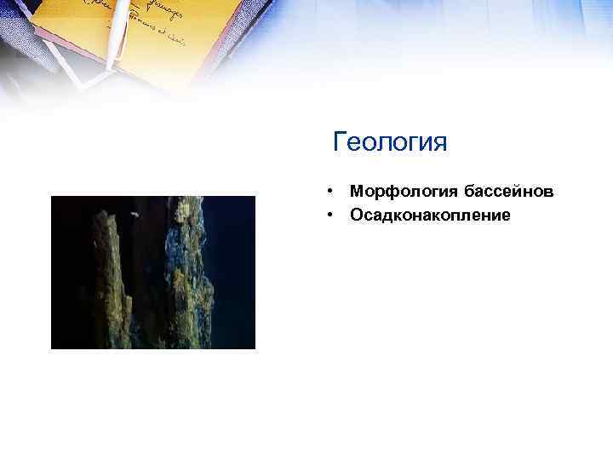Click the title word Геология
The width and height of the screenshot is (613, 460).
[390, 141]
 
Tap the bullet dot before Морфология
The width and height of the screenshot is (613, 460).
[328, 193]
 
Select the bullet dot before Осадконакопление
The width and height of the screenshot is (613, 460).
[328, 216]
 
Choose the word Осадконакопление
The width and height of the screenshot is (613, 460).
[430, 216]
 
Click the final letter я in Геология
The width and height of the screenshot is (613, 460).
[439, 141]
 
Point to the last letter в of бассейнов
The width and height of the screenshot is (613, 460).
[548, 192]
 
